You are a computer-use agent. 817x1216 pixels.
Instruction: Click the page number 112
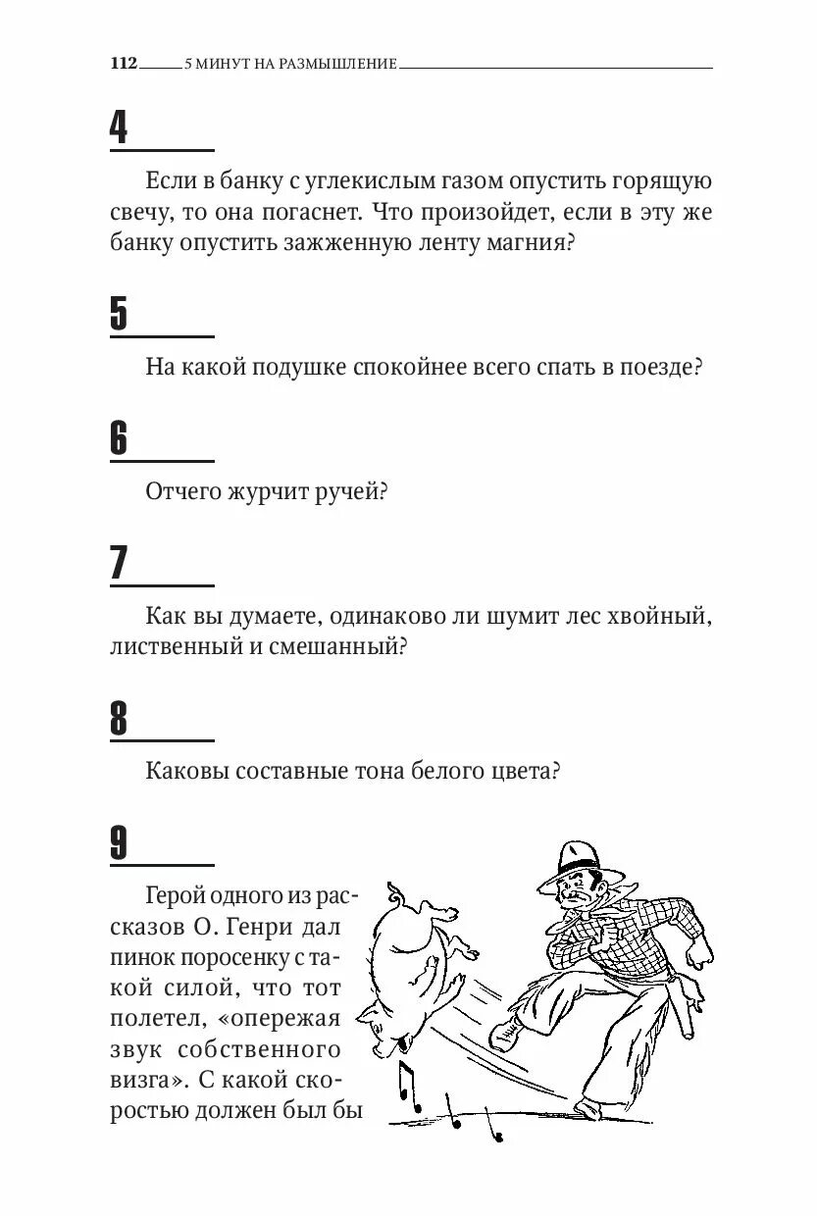point(124,64)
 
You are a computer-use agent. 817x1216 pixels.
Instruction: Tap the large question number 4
point(119,127)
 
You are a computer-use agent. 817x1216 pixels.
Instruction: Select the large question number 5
point(119,314)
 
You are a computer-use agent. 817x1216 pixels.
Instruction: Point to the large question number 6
point(119,438)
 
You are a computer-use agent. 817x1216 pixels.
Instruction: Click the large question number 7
point(119,563)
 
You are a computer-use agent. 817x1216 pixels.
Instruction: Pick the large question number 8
point(119,719)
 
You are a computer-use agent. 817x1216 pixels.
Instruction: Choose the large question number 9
point(119,843)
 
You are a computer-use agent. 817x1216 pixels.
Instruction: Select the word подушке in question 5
point(298,368)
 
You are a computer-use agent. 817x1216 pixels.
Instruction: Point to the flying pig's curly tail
point(395,893)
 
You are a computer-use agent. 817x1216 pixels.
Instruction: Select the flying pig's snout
point(367,1016)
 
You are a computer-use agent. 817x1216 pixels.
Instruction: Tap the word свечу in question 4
point(139,213)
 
